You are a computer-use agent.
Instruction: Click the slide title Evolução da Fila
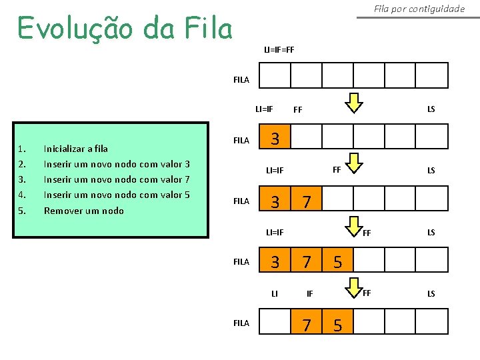[x=125, y=29]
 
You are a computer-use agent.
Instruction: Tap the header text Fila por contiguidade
[x=419, y=9]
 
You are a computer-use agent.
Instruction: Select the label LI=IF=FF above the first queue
[x=279, y=49]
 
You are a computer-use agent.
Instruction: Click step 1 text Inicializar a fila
[x=75, y=149]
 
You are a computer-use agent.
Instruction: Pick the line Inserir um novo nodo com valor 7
[x=117, y=179]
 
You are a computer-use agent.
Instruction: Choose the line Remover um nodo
[x=83, y=211]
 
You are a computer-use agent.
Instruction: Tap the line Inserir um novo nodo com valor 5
[x=117, y=195]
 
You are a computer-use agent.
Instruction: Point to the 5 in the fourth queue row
[x=337, y=262]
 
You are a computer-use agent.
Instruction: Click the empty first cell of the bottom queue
[x=275, y=323]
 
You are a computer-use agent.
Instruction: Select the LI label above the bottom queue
[x=274, y=293]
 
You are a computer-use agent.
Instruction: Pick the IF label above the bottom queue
[x=309, y=293]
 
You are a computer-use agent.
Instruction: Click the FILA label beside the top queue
[x=241, y=80]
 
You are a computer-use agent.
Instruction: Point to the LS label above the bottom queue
[x=431, y=293]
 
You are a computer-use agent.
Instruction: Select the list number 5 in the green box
[x=22, y=211]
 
